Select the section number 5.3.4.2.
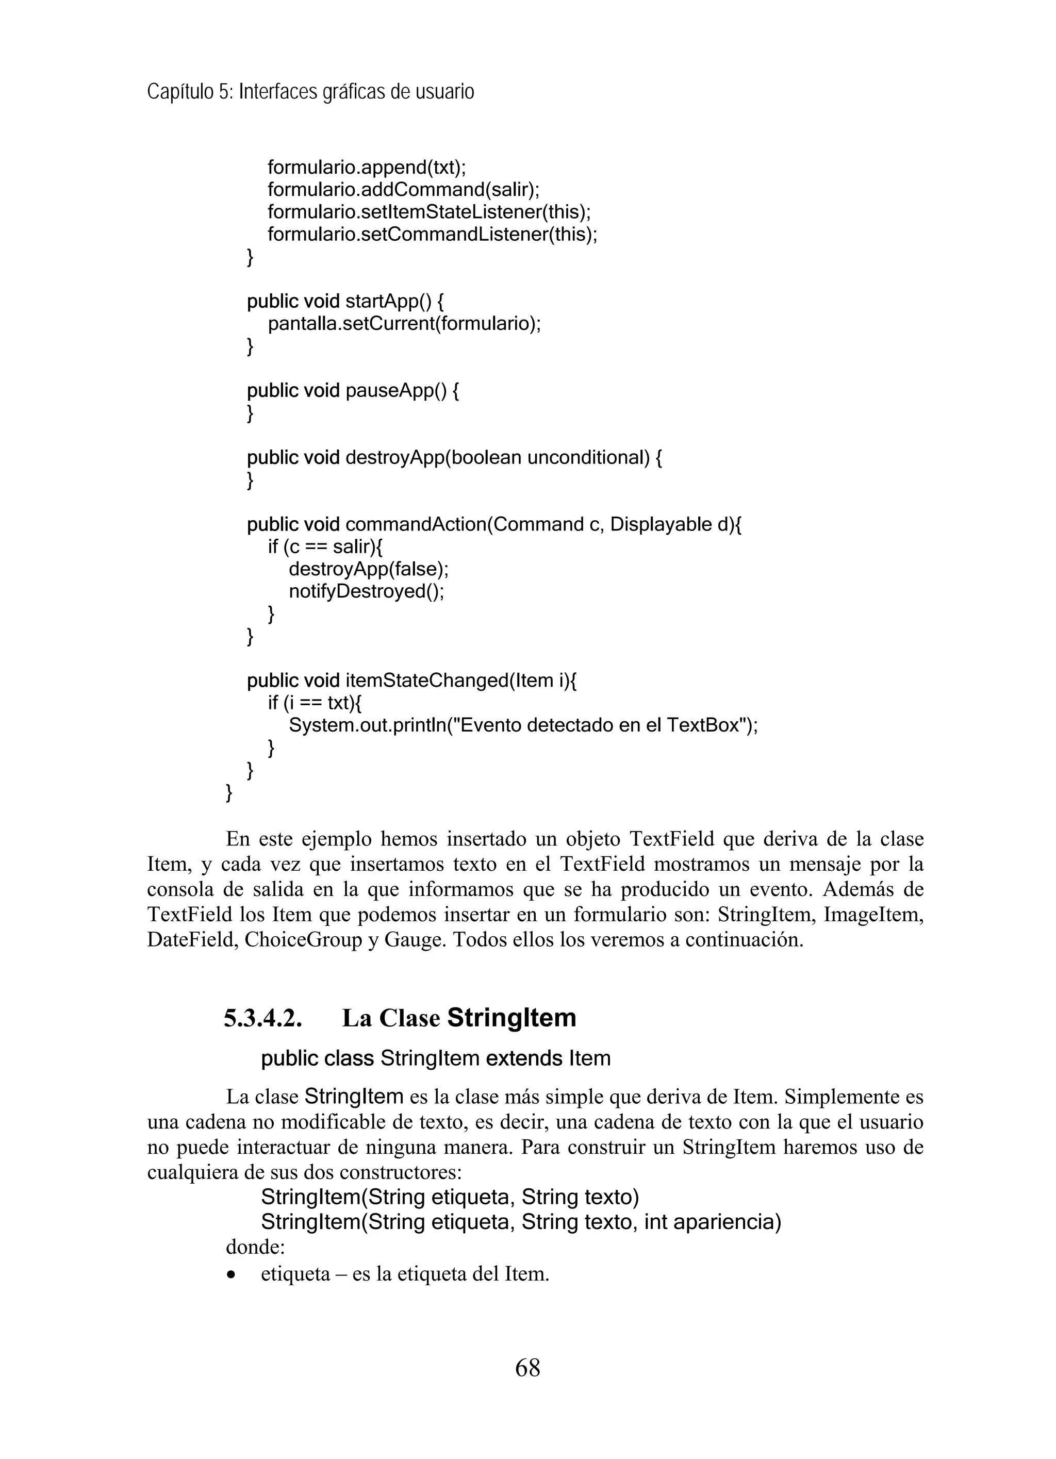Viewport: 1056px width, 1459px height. point(263,1018)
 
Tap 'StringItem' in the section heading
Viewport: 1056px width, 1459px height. point(511,1018)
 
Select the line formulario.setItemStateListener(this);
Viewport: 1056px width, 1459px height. point(428,212)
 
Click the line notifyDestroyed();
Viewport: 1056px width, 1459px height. point(366,591)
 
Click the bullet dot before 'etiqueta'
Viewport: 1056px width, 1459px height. point(232,1275)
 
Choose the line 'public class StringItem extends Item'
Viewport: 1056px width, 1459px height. point(435,1058)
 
